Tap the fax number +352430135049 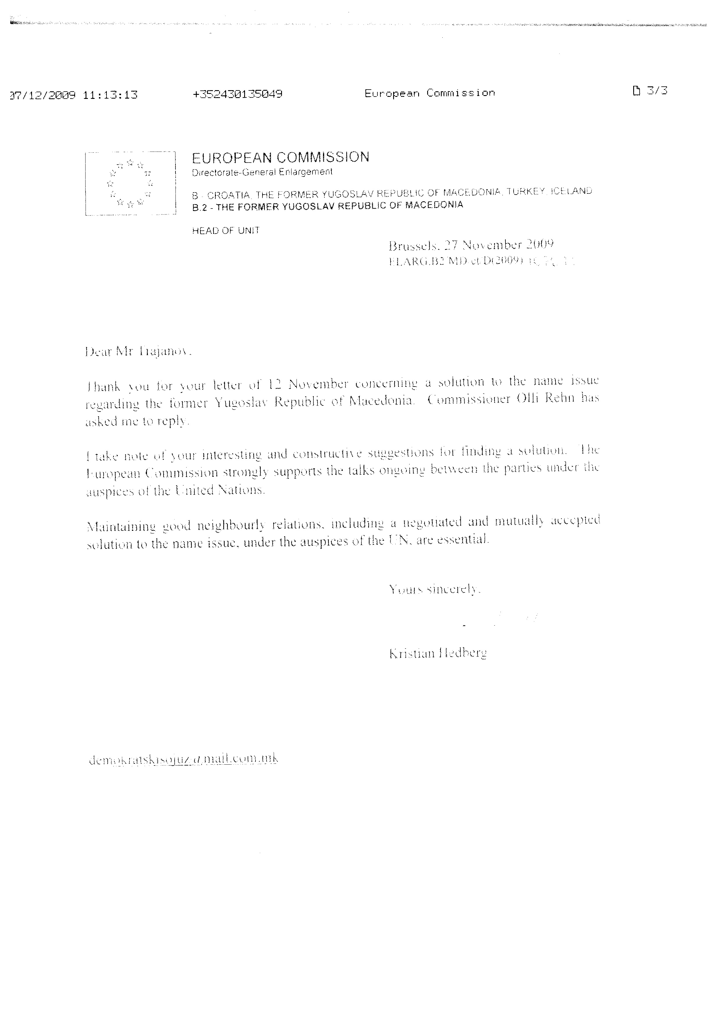237,94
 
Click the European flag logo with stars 130,184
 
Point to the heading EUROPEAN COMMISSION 280,157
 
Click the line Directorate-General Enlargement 262,172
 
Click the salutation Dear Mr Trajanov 138,352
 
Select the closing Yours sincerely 434,589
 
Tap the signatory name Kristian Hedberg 438,653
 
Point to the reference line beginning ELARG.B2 481,261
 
